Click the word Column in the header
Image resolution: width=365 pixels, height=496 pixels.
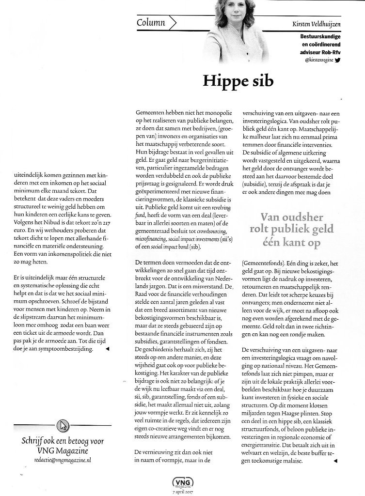tap(151, 22)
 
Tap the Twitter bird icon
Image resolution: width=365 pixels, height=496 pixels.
tap(338, 60)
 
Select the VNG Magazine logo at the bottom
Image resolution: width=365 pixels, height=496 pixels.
tap(181, 482)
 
